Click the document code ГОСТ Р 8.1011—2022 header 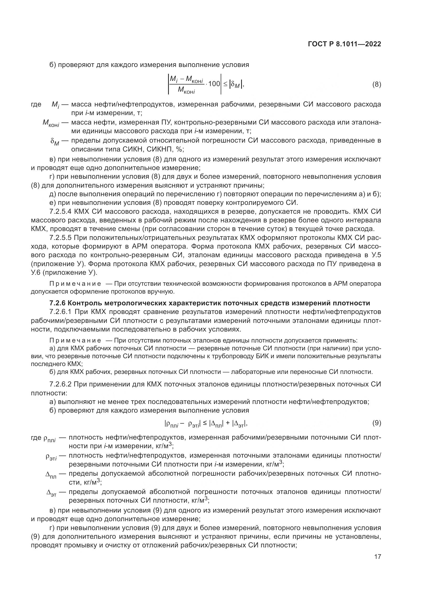click(344, 44)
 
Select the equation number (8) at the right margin click(376, 85)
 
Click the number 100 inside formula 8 click(214, 84)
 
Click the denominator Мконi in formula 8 click(186, 91)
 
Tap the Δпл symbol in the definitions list click(51, 475)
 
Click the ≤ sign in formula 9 click(205, 423)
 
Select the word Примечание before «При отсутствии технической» click(75, 284)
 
